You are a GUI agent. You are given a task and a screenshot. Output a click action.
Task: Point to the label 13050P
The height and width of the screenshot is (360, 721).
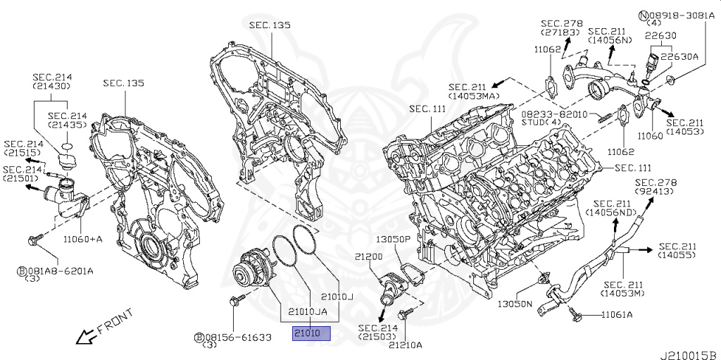(x=392, y=240)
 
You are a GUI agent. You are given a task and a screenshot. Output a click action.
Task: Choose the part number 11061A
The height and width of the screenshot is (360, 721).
(x=617, y=314)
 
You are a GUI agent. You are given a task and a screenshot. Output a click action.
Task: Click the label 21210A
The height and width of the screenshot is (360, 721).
(x=407, y=345)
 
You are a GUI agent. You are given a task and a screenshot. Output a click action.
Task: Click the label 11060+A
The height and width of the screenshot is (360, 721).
(x=82, y=239)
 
